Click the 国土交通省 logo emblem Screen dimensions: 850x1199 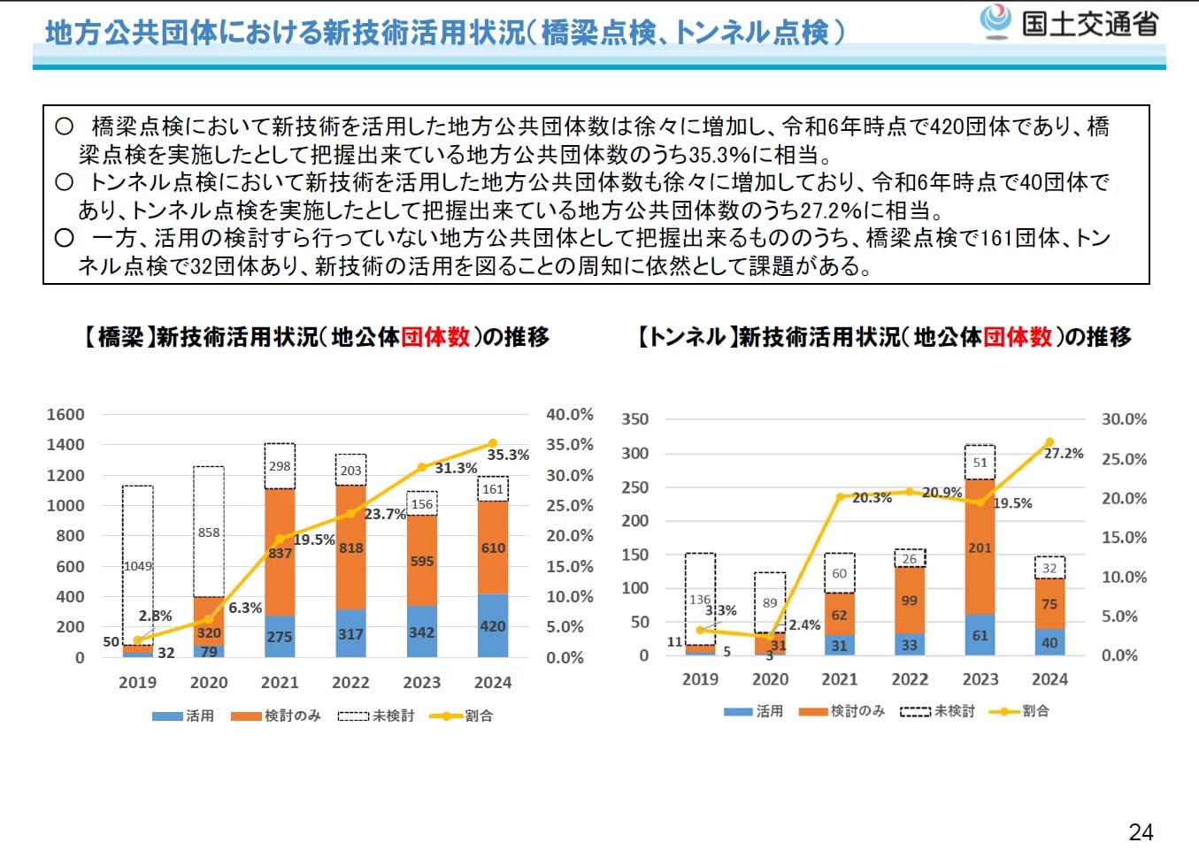995,21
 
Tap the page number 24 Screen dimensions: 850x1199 1141,831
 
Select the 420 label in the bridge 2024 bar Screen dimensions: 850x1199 493,626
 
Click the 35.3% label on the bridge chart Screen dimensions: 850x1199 508,455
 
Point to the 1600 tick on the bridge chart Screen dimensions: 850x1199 65,414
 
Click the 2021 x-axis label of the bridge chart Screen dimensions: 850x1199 280,682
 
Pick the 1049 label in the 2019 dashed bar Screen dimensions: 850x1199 138,566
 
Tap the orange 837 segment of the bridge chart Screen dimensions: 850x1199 280,553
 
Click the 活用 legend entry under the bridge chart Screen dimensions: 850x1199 184,716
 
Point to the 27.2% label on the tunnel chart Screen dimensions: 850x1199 1064,453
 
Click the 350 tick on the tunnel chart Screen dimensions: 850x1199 634,418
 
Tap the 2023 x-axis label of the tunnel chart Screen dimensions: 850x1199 980,679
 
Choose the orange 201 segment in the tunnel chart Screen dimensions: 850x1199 980,548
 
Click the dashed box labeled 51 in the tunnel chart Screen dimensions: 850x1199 980,462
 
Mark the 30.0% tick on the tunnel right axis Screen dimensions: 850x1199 1124,418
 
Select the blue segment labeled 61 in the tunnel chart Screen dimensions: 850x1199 980,635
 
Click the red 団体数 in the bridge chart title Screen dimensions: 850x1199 435,337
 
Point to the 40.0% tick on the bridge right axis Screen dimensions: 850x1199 569,414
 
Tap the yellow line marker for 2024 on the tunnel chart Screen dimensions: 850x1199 1049,441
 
